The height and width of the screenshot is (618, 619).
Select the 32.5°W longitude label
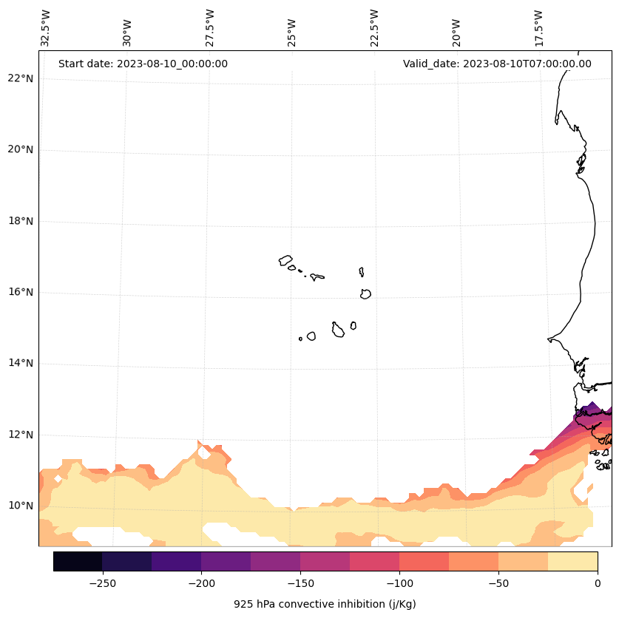click(46, 28)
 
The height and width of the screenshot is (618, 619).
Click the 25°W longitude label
click(292, 31)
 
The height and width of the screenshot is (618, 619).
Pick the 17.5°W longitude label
click(539, 28)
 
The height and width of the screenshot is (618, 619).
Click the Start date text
click(143, 64)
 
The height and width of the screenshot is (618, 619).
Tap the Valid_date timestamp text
click(497, 64)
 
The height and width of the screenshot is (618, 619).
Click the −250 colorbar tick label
click(102, 583)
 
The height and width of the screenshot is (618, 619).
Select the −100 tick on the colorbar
click(399, 583)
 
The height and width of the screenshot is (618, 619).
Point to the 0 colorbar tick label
click(598, 583)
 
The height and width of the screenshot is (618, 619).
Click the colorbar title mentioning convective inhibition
click(325, 604)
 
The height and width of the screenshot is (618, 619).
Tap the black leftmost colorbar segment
click(78, 561)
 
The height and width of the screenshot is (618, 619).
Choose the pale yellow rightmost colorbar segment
click(572, 561)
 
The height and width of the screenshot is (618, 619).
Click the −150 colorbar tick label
click(300, 583)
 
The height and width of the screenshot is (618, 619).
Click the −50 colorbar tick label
click(498, 583)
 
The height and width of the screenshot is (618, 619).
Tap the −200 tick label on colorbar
click(201, 583)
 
